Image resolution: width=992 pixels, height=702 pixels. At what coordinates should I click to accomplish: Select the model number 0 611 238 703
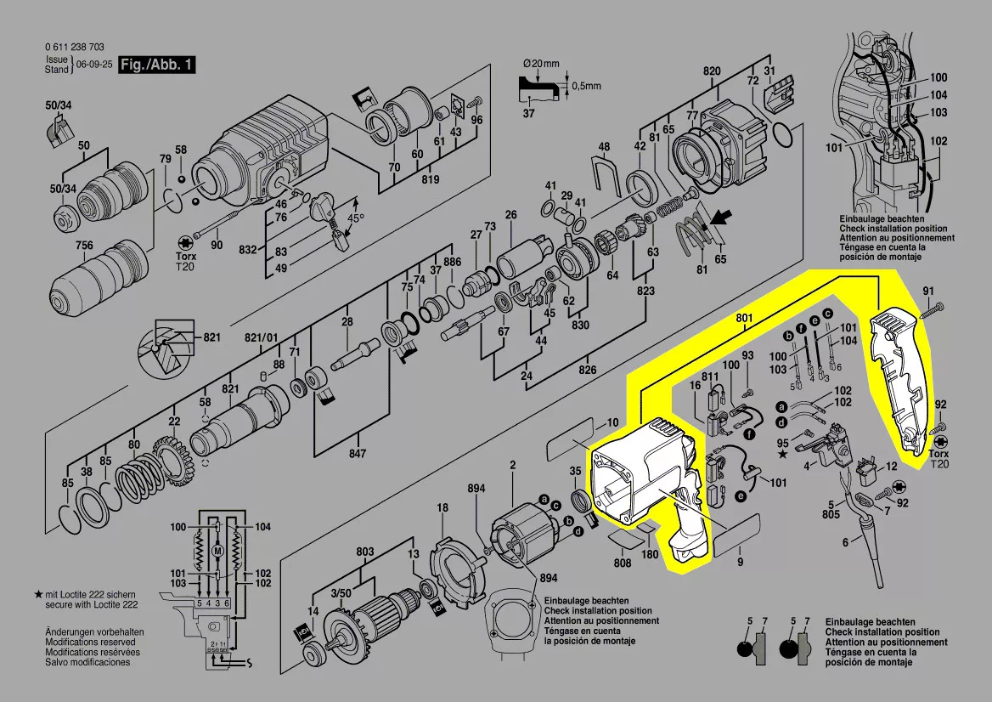(x=74, y=48)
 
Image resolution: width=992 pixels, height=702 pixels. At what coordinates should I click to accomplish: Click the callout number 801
(x=745, y=319)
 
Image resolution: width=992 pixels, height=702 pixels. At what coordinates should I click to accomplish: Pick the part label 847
(x=358, y=454)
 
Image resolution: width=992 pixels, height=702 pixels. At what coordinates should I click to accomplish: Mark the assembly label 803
(x=365, y=552)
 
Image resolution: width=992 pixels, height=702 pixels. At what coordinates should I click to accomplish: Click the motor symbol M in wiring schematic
(x=218, y=551)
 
